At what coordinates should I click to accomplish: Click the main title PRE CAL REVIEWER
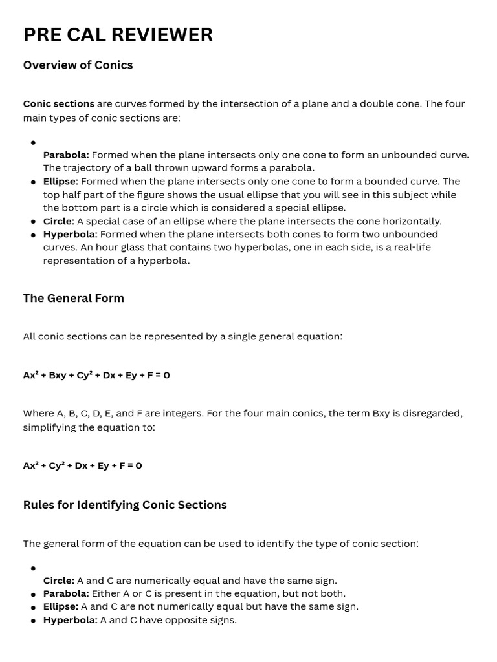coord(118,35)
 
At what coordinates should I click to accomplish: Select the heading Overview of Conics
coord(78,65)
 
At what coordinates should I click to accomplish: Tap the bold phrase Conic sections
coord(58,104)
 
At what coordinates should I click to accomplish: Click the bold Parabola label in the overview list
coord(66,155)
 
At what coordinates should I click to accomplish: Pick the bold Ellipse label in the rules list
coord(60,606)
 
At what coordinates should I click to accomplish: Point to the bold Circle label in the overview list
coord(58,221)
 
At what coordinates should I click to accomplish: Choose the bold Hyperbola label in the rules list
coord(70,620)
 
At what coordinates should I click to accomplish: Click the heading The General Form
coord(73,298)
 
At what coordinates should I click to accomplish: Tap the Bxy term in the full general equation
coord(58,375)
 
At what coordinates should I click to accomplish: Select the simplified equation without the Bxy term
coord(82,465)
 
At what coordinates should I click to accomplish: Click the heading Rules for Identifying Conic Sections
coord(125,505)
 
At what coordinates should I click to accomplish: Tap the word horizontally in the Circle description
coord(412,221)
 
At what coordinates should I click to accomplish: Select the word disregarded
coord(435,414)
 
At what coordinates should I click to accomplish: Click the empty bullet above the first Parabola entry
coord(33,142)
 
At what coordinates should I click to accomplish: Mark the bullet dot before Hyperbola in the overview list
coord(33,235)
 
